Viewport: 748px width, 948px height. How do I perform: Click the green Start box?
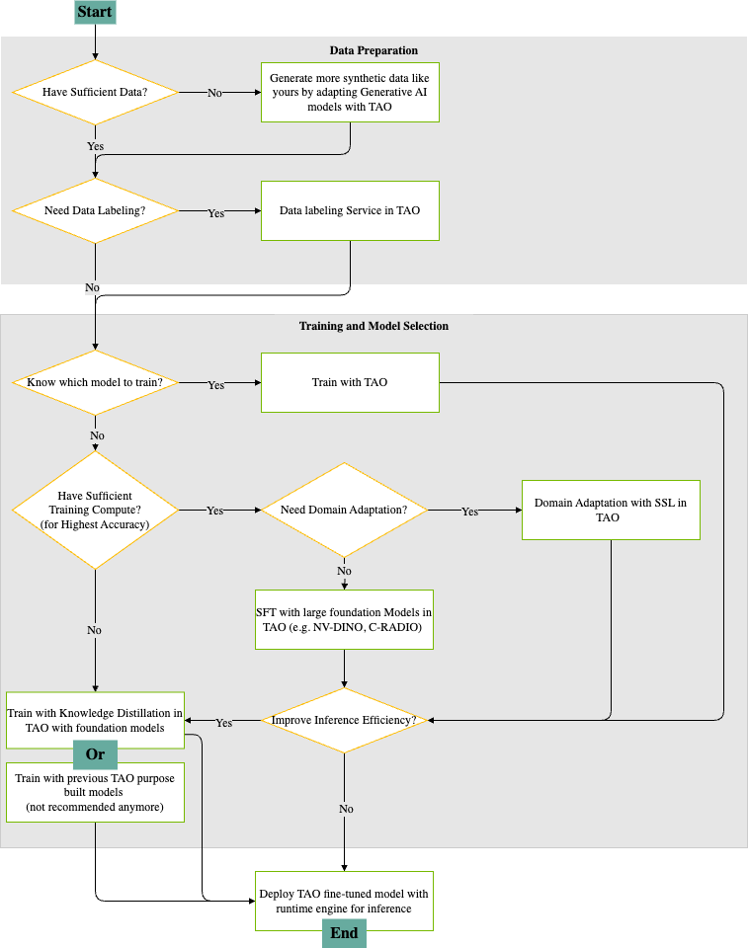95,11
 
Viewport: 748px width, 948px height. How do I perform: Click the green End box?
344,933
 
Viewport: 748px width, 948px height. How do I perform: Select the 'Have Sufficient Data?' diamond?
95,92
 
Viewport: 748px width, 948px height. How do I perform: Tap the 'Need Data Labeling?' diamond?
95,210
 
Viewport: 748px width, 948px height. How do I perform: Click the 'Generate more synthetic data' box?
350,92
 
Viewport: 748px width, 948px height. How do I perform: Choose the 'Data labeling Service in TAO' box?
350,210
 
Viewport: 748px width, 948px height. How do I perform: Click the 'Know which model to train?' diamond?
95,382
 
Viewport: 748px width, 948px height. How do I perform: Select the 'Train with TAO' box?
350,382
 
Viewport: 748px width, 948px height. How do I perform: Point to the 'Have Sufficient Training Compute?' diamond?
95,510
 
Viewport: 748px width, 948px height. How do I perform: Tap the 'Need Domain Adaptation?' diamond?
344,510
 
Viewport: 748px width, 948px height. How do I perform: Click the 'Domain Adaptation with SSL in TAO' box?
611,510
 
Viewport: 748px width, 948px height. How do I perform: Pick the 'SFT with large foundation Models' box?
344,619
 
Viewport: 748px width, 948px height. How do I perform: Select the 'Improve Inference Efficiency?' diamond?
344,721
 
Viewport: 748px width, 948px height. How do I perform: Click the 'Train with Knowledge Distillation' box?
95,720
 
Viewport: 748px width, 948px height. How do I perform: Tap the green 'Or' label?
95,754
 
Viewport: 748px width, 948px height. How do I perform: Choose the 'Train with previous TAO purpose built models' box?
95,792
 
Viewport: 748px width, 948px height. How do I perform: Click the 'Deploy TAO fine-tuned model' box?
344,900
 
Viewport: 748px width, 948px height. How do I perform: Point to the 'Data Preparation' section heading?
374,50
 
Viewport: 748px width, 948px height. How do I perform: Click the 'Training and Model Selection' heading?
374,326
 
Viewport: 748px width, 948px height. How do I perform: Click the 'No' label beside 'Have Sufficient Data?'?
214,93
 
